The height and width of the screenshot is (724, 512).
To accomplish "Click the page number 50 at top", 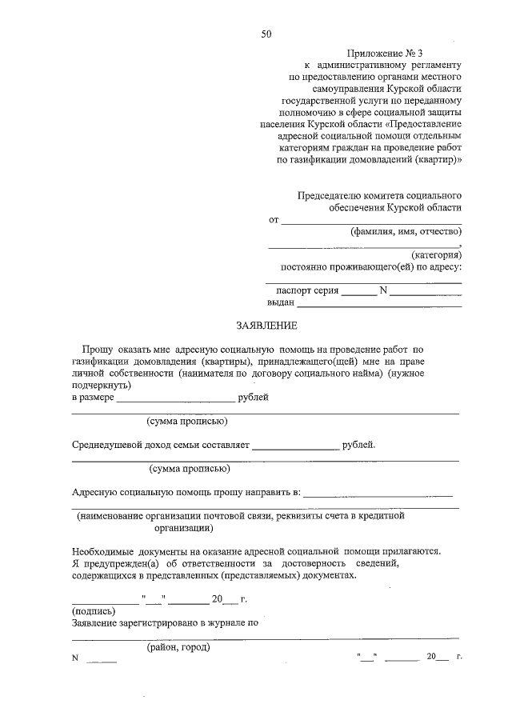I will tap(266, 34).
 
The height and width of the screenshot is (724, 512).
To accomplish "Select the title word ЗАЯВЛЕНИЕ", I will tap(266, 326).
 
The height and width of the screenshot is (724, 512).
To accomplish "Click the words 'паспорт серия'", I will tap(307, 290).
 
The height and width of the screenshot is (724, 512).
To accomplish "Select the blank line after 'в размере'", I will tap(177, 398).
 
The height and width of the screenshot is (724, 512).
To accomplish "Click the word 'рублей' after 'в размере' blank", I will tap(254, 397).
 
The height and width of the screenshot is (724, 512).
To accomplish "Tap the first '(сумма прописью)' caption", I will tap(187, 421).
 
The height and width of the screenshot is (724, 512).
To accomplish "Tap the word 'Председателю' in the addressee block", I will tap(329, 195).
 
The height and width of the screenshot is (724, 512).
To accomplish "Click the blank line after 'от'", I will tap(372, 220).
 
